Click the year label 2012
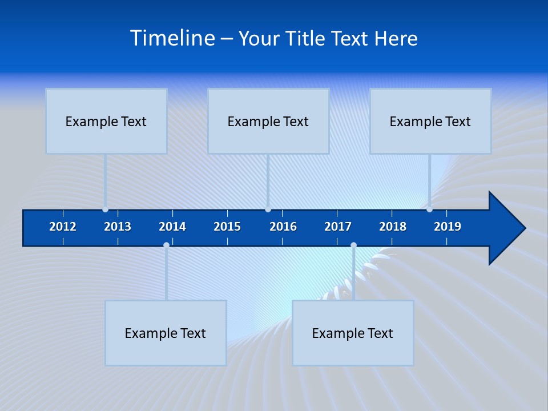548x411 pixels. pyautogui.click(x=63, y=227)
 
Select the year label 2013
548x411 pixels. pyautogui.click(x=118, y=227)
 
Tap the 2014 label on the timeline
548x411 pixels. pyautogui.click(x=172, y=227)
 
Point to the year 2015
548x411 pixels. pyautogui.click(x=227, y=227)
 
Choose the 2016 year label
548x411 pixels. pyautogui.click(x=283, y=227)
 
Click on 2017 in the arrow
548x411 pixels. pyautogui.click(x=338, y=227)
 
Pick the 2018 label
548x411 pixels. pyautogui.click(x=393, y=227)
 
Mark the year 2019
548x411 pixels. pyautogui.click(x=448, y=227)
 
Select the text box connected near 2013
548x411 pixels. pyautogui.click(x=106, y=121)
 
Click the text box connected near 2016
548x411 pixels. pyautogui.click(x=268, y=121)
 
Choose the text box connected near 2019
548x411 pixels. pyautogui.click(x=430, y=121)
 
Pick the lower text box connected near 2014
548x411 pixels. pyautogui.click(x=166, y=333)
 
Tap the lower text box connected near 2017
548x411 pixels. pyautogui.click(x=353, y=333)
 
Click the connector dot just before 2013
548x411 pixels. pyautogui.click(x=105, y=209)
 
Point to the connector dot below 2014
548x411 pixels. pyautogui.click(x=166, y=245)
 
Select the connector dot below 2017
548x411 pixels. pyautogui.click(x=353, y=245)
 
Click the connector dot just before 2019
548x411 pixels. pyautogui.click(x=429, y=209)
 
